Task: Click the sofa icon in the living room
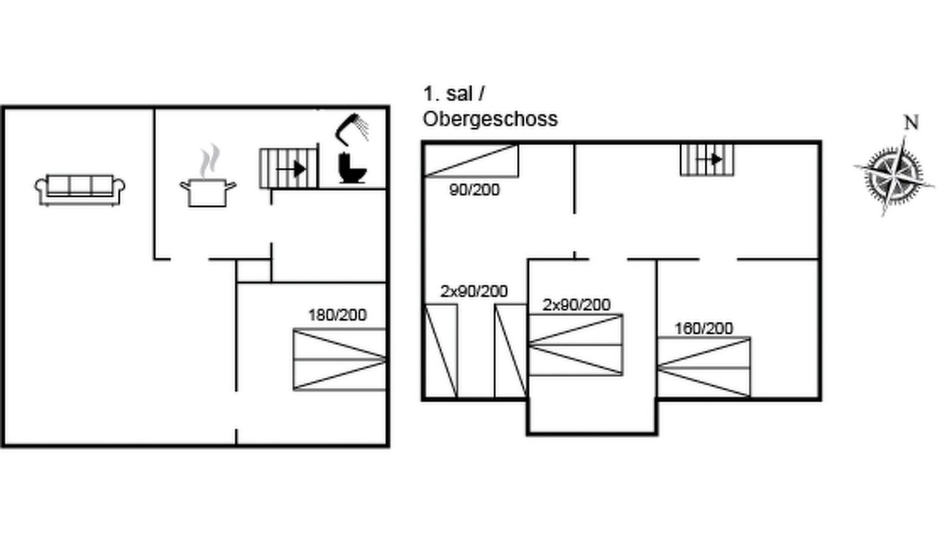tap(80, 190)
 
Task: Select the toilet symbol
tap(351, 168)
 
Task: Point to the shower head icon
tap(351, 129)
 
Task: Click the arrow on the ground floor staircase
tap(291, 169)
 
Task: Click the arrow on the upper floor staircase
tap(709, 159)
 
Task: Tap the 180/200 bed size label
tap(337, 315)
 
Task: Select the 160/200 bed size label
tap(704, 329)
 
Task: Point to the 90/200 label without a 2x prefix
tap(474, 190)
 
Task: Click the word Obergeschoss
tap(491, 119)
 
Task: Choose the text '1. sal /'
tap(454, 93)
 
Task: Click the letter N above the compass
tap(911, 123)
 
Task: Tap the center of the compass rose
tap(894, 176)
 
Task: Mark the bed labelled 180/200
tap(340, 360)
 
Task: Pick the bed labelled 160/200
tap(704, 367)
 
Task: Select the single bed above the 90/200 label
tap(471, 161)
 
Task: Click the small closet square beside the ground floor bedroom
tap(254, 271)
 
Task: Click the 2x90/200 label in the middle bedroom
tap(576, 305)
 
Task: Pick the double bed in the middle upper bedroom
tap(576, 345)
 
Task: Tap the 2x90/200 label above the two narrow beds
tap(474, 292)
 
